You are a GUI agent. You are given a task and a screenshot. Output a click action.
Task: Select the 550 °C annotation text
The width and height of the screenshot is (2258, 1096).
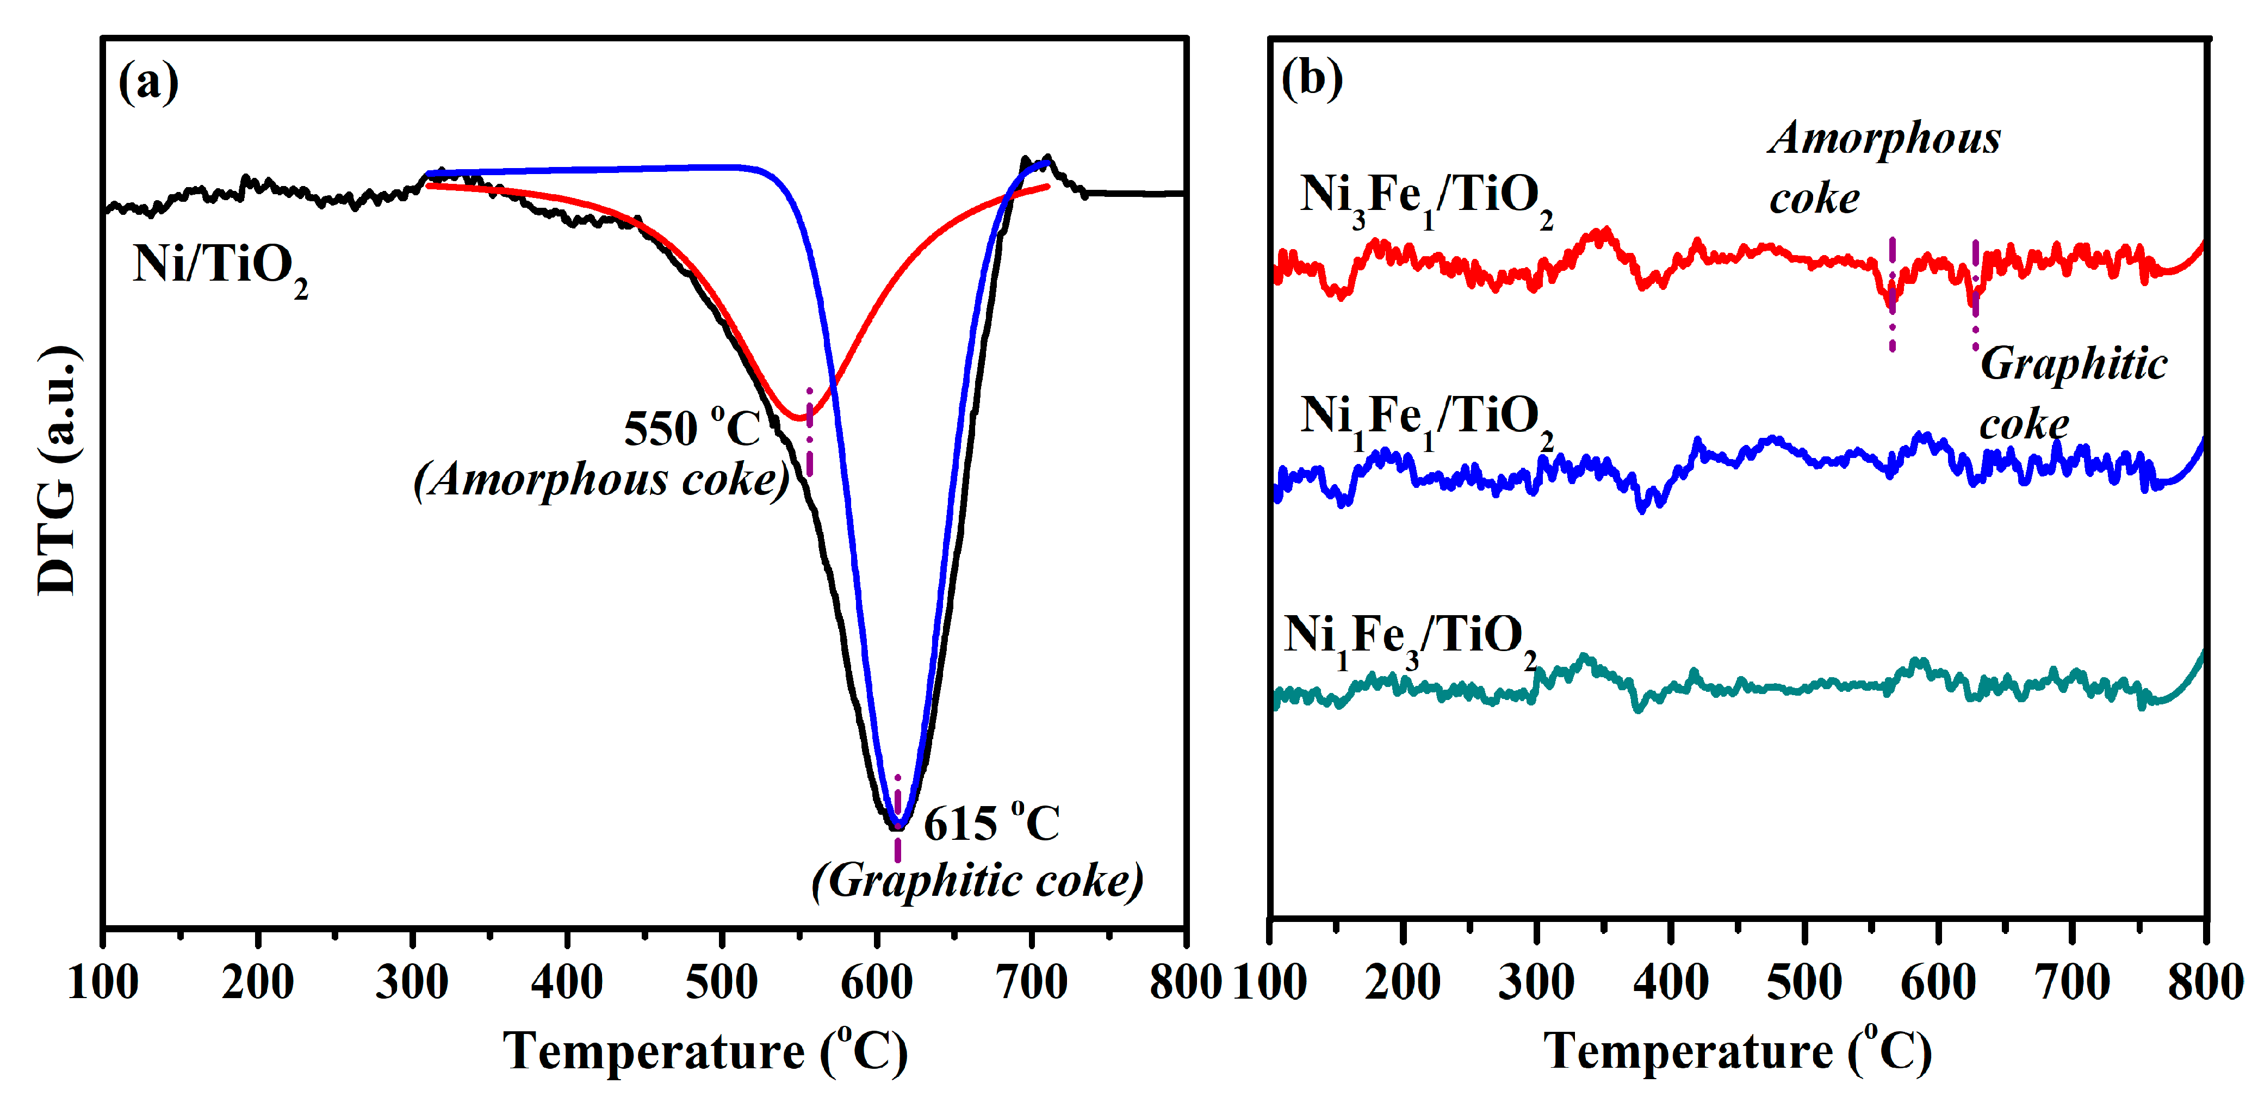(692, 428)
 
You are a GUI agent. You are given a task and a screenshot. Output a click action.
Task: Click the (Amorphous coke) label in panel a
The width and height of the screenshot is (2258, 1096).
(601, 480)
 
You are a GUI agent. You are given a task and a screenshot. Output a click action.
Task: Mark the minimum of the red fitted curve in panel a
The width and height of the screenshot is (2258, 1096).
(799, 418)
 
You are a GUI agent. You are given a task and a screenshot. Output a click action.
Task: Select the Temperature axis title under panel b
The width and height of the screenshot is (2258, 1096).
(1738, 1050)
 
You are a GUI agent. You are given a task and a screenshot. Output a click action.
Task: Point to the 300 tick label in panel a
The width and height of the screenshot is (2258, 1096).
(412, 982)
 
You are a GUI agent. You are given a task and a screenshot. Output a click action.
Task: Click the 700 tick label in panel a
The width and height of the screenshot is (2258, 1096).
(1032, 982)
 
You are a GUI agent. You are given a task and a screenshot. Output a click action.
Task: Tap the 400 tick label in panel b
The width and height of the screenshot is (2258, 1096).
(1671, 982)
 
